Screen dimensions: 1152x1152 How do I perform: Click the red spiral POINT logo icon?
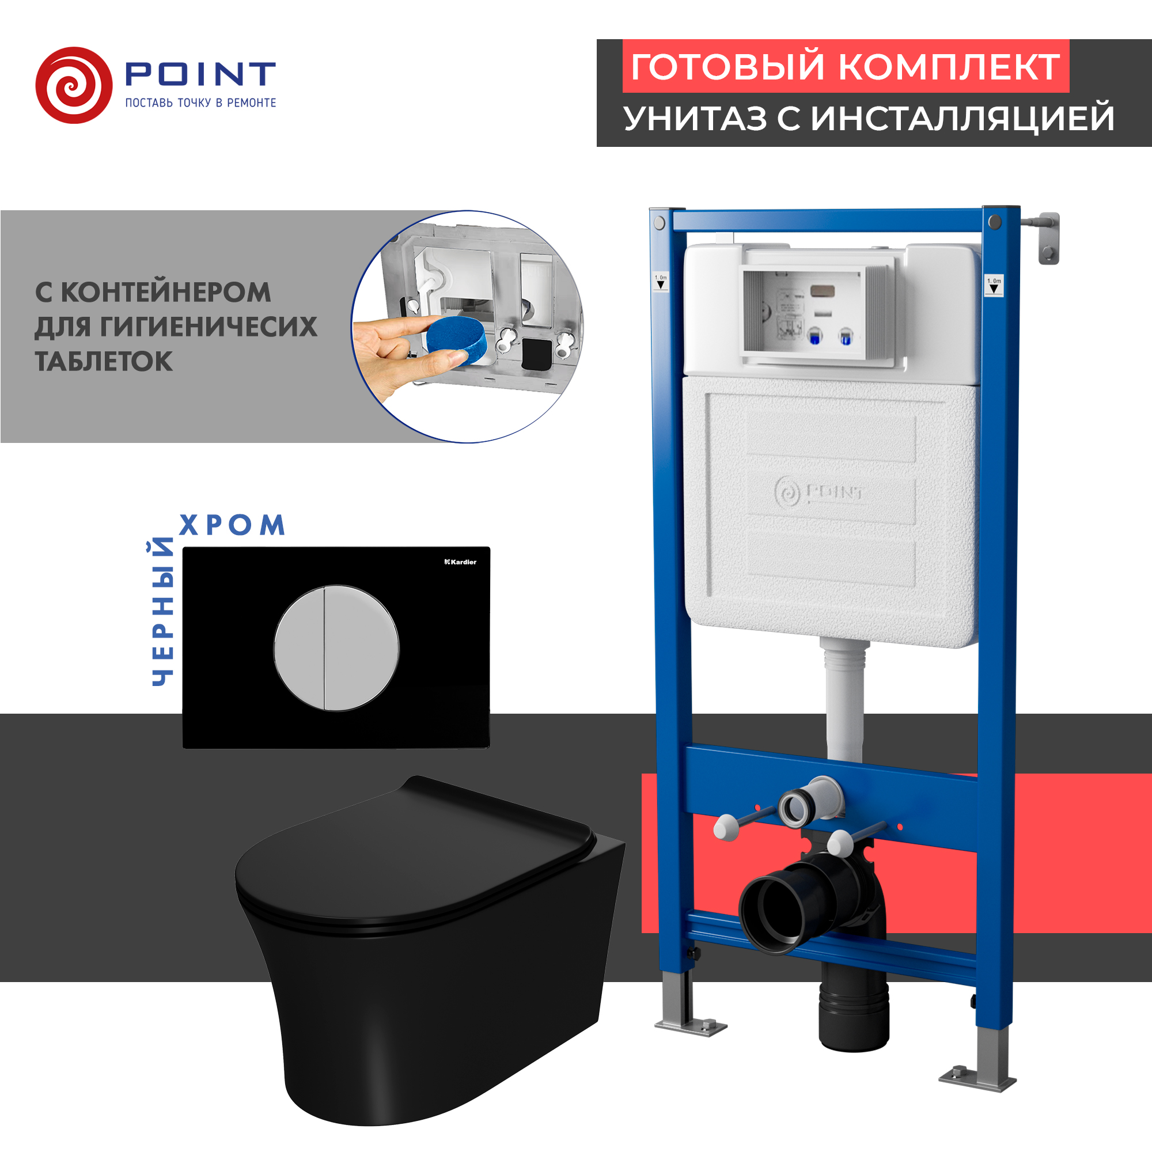(x=74, y=85)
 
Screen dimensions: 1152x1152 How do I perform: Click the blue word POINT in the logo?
(x=200, y=74)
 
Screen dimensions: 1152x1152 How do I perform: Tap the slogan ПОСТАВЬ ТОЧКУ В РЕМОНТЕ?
(x=200, y=103)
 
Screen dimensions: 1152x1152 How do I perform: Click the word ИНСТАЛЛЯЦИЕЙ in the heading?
(x=962, y=118)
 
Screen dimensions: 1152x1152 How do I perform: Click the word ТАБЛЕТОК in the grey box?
(x=104, y=361)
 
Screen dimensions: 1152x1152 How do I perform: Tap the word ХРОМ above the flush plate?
(x=232, y=525)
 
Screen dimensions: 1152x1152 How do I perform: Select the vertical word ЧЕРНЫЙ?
(x=162, y=611)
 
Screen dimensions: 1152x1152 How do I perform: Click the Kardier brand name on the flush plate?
(x=461, y=562)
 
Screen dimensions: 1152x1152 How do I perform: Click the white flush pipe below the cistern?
(x=844, y=704)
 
